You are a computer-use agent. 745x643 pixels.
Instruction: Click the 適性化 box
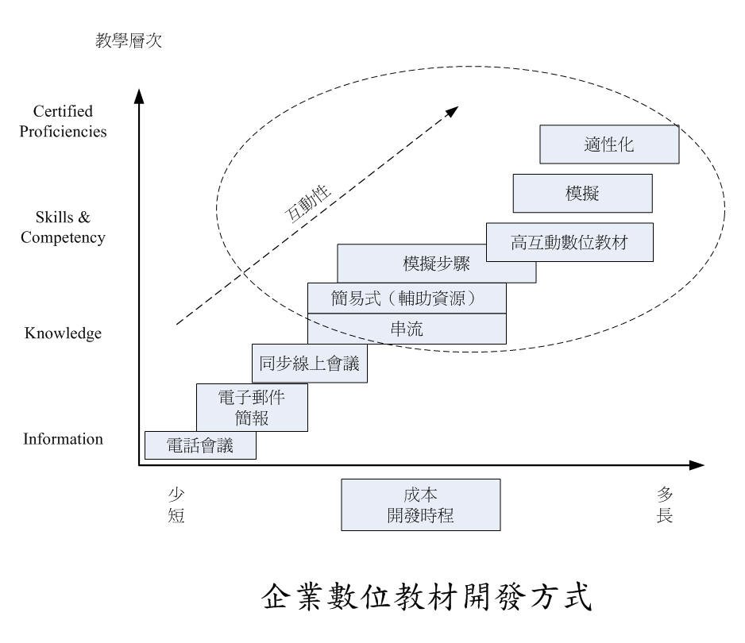(609, 144)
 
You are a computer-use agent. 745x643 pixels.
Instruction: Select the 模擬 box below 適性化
(582, 193)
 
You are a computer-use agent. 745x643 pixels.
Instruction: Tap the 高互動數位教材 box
(569, 242)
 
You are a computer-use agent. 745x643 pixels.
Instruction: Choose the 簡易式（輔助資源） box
(407, 298)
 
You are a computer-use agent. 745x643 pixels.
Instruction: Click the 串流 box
(407, 329)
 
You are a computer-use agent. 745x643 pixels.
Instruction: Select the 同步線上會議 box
(309, 364)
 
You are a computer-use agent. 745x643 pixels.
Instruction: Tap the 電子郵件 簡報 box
(252, 407)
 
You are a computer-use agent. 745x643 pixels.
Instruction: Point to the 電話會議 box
(200, 445)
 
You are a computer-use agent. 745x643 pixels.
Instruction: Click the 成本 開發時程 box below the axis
(420, 505)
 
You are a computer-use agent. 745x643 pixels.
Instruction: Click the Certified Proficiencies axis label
(63, 121)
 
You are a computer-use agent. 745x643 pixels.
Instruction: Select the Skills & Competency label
(63, 227)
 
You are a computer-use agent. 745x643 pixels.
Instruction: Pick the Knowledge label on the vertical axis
(63, 333)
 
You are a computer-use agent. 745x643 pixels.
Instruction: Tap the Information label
(63, 439)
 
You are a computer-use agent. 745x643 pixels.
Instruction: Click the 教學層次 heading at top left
(129, 40)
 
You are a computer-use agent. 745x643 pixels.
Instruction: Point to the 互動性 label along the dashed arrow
(307, 203)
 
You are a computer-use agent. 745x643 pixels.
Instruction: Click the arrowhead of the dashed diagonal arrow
(453, 111)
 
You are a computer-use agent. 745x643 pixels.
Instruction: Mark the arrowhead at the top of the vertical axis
(139, 96)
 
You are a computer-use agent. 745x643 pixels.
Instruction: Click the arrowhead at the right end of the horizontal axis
(697, 465)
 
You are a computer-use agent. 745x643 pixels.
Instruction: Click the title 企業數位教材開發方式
(427, 596)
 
